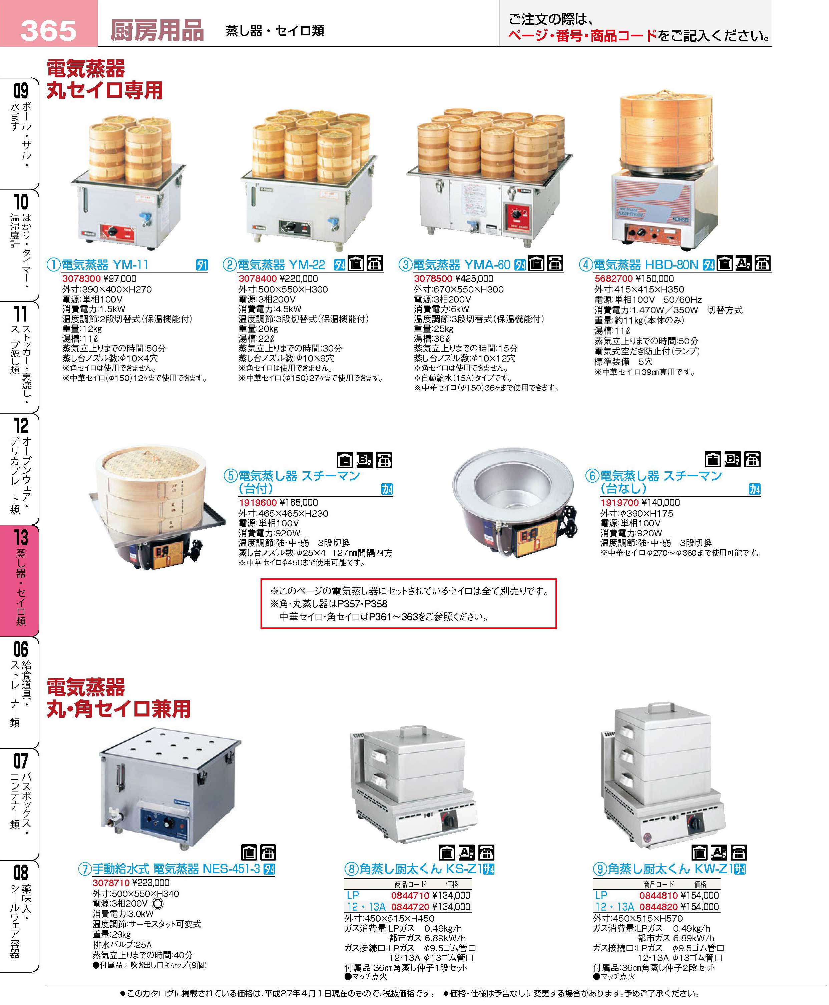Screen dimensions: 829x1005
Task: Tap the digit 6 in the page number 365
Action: pos(48,31)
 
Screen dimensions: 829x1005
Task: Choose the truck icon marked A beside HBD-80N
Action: pos(743,264)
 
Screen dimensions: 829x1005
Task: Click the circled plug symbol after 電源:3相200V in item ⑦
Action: pos(157,904)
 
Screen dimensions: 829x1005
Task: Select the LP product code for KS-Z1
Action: pos(410,896)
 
